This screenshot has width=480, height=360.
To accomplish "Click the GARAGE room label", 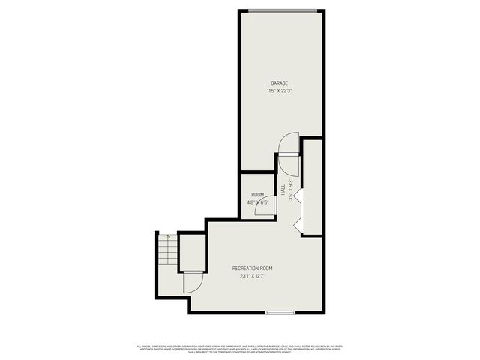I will tap(279, 83).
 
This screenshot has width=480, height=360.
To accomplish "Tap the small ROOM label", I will tap(257, 195).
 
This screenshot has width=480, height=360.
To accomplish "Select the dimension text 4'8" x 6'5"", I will tap(257, 202).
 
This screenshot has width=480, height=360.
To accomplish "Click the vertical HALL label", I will tap(283, 191).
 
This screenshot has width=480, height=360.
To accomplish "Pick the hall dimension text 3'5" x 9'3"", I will tap(290, 187).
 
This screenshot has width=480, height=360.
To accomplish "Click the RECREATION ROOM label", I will tap(252, 268).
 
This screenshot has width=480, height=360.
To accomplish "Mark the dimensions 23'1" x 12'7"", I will tap(252, 275).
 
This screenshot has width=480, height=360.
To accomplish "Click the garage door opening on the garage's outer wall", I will tap(281, 10).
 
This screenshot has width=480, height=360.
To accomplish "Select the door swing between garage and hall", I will tap(289, 144).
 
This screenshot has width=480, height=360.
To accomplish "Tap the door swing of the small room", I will tap(265, 207).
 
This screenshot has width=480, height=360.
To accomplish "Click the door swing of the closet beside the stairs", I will tap(193, 282).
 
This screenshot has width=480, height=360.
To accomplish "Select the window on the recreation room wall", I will tap(280, 311).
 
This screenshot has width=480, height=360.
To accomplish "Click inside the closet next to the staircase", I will tap(192, 252).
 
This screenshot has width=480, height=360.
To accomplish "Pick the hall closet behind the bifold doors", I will tap(312, 187).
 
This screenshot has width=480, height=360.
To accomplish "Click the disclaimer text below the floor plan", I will tap(240, 349).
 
